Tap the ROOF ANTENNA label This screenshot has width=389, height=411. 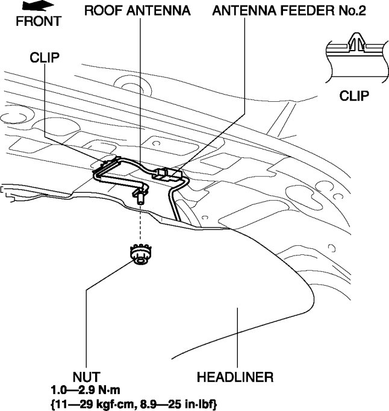point(137,11)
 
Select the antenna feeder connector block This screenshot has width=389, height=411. point(167,174)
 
